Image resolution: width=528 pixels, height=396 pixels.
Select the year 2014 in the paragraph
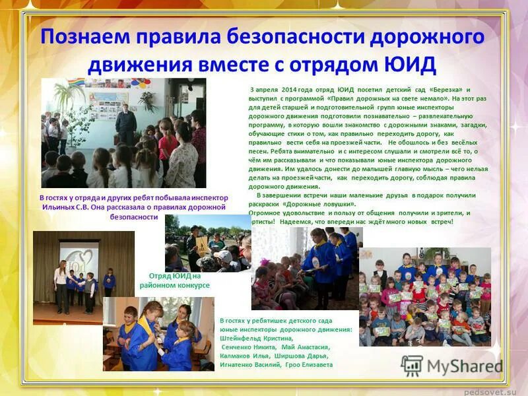click(x=291, y=89)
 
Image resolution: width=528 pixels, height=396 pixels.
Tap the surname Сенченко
click(x=239, y=346)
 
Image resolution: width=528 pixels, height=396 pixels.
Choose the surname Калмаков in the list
click(x=238, y=355)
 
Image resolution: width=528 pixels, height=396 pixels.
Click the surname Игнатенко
click(x=242, y=364)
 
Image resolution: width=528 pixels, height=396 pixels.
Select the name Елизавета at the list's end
click(x=315, y=364)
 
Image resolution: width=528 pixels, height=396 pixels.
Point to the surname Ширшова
click(x=296, y=355)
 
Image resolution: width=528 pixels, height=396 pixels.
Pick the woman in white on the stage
click(x=61, y=284)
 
